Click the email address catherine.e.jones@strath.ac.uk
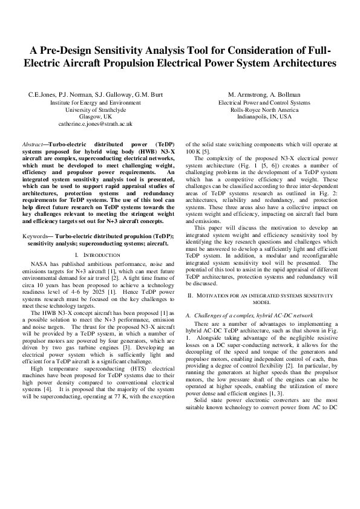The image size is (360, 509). tap(95, 124)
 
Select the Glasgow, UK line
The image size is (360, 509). tap(95, 117)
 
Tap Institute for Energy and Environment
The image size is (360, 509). tap(95, 102)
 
